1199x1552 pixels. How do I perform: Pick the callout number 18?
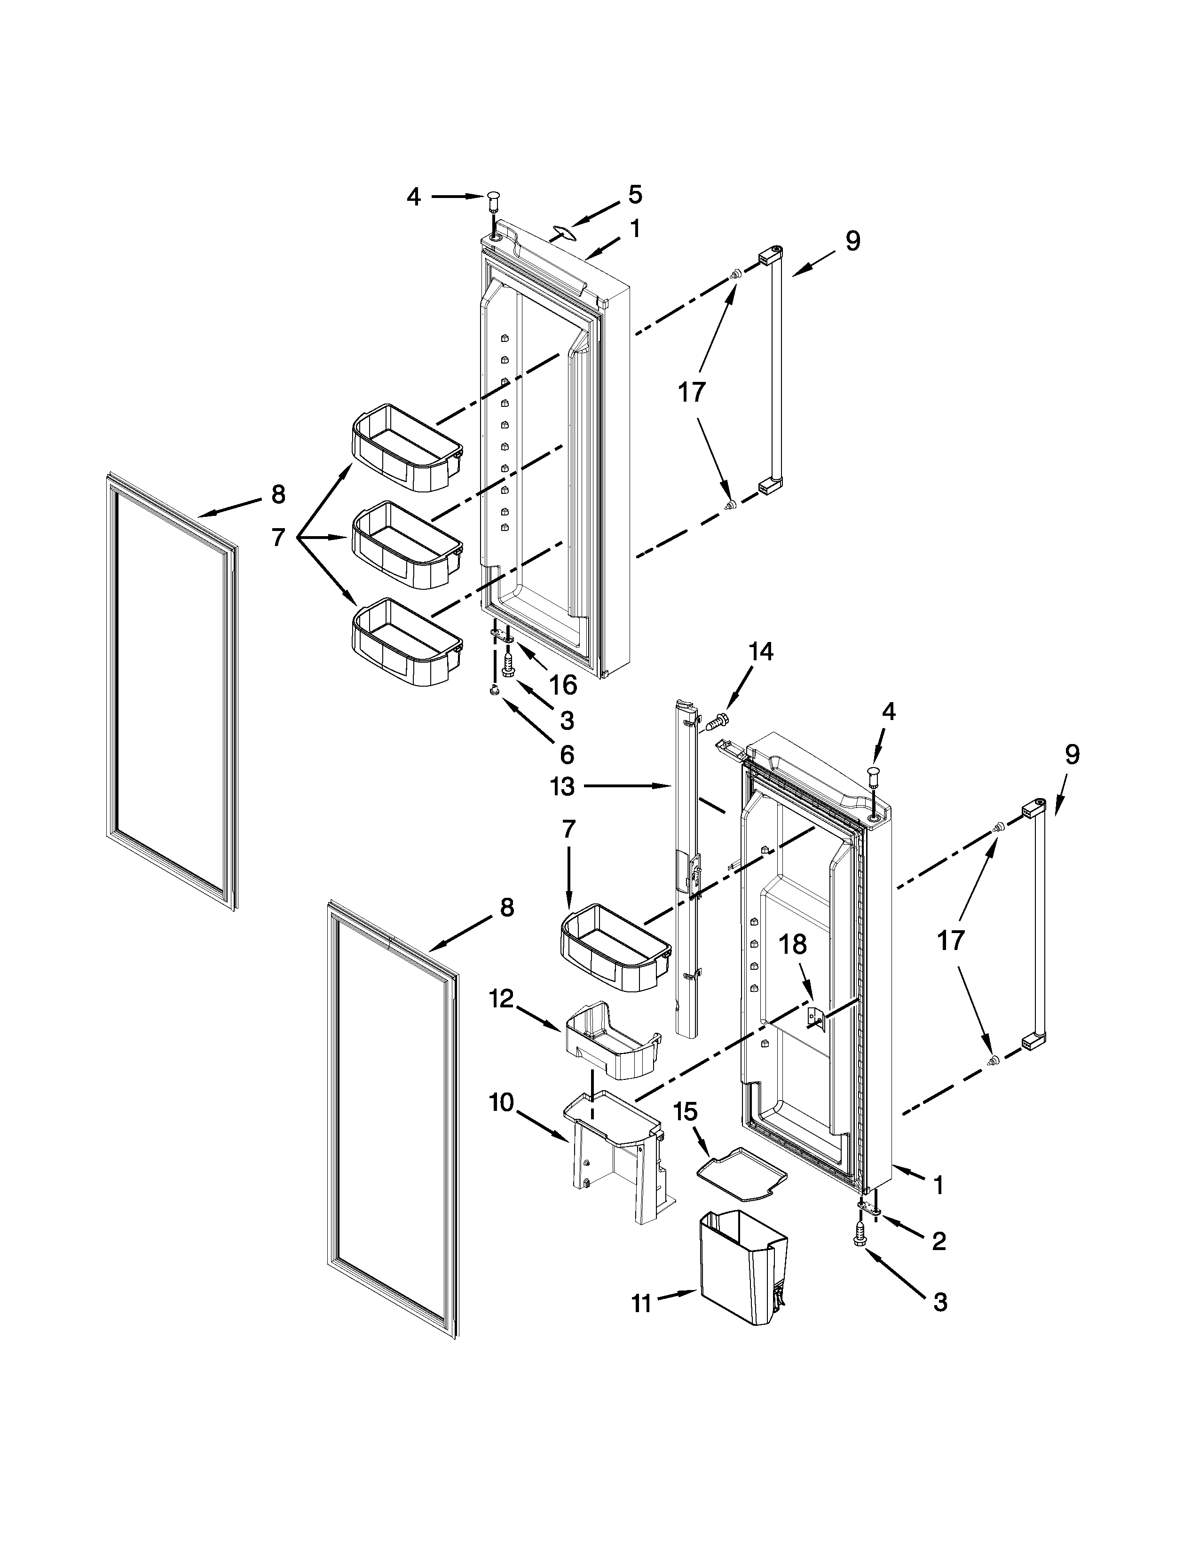tap(793, 944)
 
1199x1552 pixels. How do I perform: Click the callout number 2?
tap(939, 1242)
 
